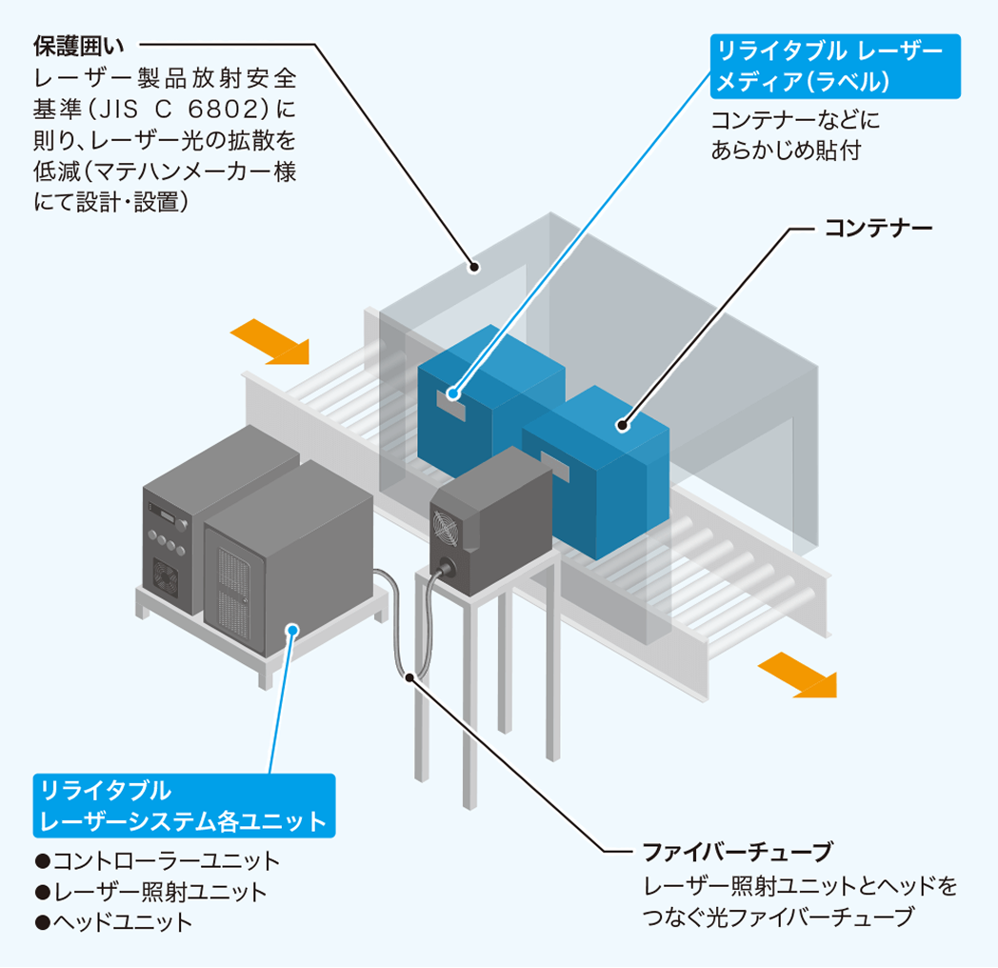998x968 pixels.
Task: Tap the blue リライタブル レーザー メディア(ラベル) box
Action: tap(835, 67)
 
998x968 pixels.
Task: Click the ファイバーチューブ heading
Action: tap(738, 850)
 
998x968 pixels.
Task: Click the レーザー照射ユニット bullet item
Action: tap(151, 892)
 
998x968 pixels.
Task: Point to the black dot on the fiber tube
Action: tap(409, 677)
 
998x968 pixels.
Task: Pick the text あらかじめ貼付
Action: tap(786, 150)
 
